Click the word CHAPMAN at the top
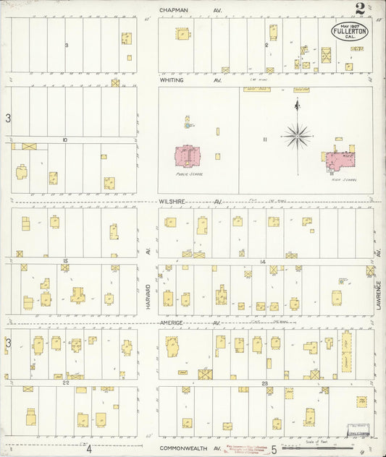[174, 10]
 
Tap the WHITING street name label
[172, 80]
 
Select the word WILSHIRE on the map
[174, 202]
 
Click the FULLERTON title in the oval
[351, 32]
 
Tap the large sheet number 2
[360, 9]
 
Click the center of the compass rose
[297, 134]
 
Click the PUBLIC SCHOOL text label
[187, 174]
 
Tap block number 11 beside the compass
[265, 139]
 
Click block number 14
[263, 260]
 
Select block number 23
[265, 383]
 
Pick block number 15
[65, 260]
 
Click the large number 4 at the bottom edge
[88, 448]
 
